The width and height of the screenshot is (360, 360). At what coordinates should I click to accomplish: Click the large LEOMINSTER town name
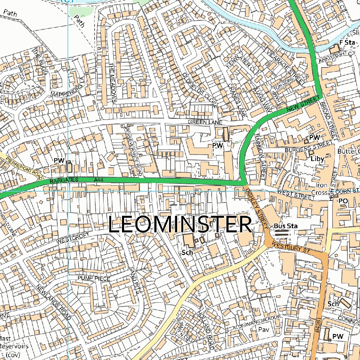click(180, 225)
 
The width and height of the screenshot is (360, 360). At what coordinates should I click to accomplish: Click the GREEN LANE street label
click(205, 122)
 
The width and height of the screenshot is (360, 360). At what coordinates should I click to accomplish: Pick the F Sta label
click(346, 42)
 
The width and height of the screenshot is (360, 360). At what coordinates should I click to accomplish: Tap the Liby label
click(317, 159)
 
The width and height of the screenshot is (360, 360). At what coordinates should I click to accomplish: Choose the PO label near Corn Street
click(343, 201)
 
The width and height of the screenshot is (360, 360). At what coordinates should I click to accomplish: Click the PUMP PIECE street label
click(94, 278)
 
